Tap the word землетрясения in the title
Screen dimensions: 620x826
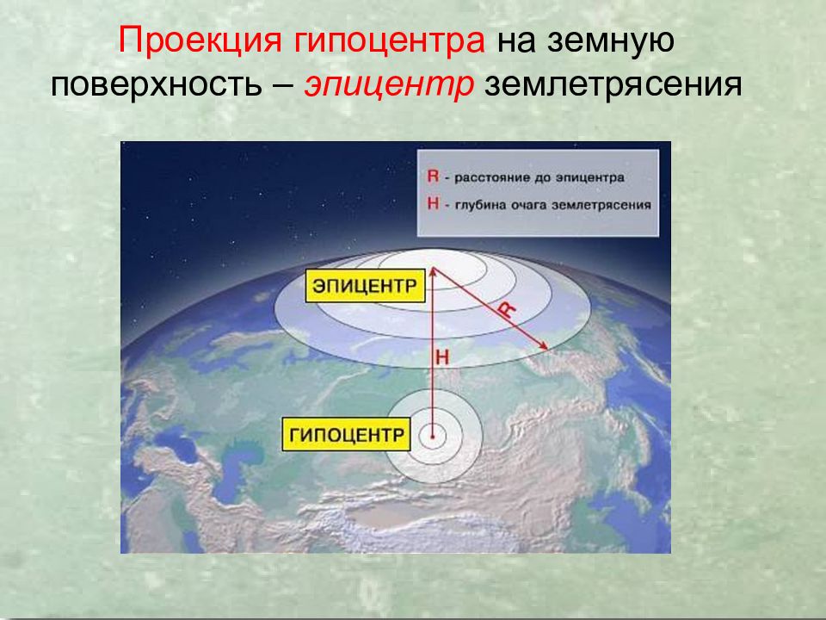[613, 86]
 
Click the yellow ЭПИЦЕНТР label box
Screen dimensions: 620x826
[366, 284]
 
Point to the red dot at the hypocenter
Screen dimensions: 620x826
[433, 437]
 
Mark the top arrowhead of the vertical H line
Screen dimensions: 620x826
[433, 270]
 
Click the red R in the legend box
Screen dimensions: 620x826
[431, 177]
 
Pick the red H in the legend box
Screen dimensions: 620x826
[431, 205]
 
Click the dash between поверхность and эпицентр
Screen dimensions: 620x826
[289, 86]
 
